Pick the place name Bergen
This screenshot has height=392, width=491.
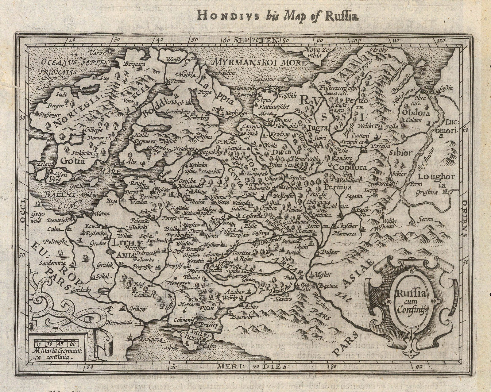[56, 106]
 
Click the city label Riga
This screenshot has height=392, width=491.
[109, 201]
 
